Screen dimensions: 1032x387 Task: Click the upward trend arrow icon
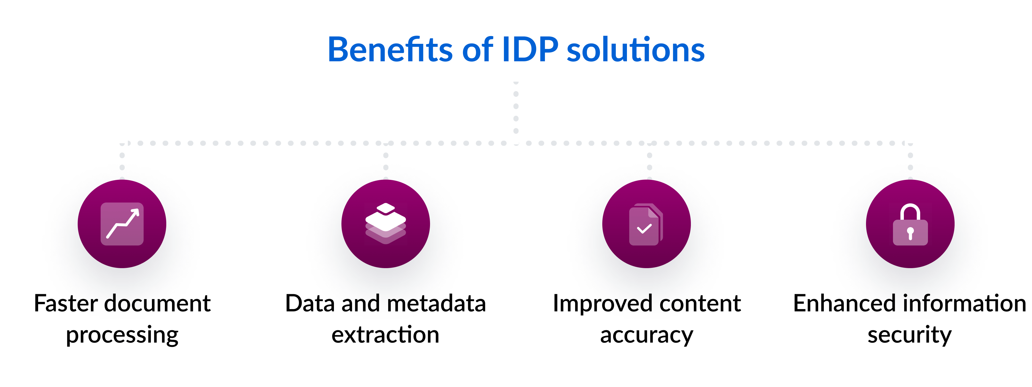tap(122, 224)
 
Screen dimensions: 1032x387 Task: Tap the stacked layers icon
tap(385, 224)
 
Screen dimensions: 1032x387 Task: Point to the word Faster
tap(66, 303)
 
